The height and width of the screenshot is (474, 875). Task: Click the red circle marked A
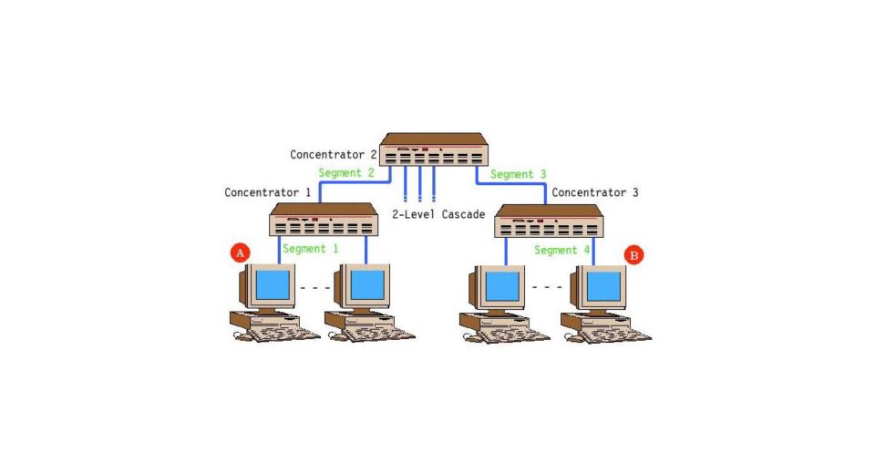240,252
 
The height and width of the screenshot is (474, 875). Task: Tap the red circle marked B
633,255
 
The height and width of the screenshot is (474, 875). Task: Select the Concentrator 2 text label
334,155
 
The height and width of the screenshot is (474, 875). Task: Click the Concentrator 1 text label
267,192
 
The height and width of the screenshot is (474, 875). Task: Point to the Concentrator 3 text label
595,192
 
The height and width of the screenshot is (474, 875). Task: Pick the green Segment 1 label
310,249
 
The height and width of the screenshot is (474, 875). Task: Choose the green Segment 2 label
346,173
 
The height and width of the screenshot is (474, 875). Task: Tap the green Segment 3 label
518,175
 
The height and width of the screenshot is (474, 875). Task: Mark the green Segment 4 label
561,250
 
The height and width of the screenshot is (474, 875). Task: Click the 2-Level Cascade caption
438,214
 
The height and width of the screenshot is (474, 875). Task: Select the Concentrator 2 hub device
434,149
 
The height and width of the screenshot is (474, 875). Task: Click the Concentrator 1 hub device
324,220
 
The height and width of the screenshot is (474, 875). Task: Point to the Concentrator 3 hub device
549,222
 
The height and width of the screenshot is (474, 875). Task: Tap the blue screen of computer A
273,284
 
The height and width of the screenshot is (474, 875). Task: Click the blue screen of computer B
603,286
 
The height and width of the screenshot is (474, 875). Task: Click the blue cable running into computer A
279,250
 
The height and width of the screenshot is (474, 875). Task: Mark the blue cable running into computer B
593,252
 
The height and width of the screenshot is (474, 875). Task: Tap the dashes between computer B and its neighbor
547,287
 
